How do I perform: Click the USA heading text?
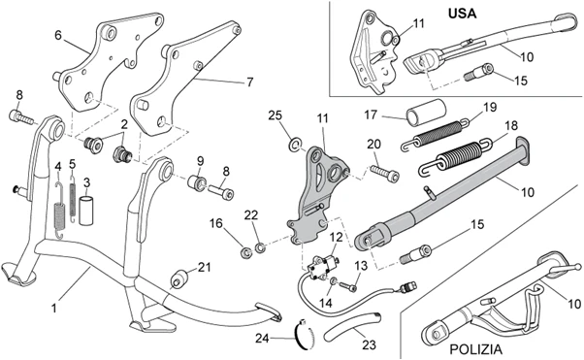click(x=462, y=14)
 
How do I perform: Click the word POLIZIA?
click(x=475, y=349)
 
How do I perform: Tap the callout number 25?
click(x=276, y=115)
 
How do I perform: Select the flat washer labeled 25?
click(x=295, y=145)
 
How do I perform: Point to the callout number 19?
click(x=490, y=108)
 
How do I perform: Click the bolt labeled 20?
click(x=384, y=172)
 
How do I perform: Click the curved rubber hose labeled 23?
click(x=353, y=326)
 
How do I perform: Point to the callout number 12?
click(x=336, y=237)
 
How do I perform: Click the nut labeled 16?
click(x=245, y=251)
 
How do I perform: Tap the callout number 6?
click(x=58, y=35)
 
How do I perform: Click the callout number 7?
click(x=250, y=82)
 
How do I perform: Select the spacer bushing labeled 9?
click(x=196, y=183)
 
